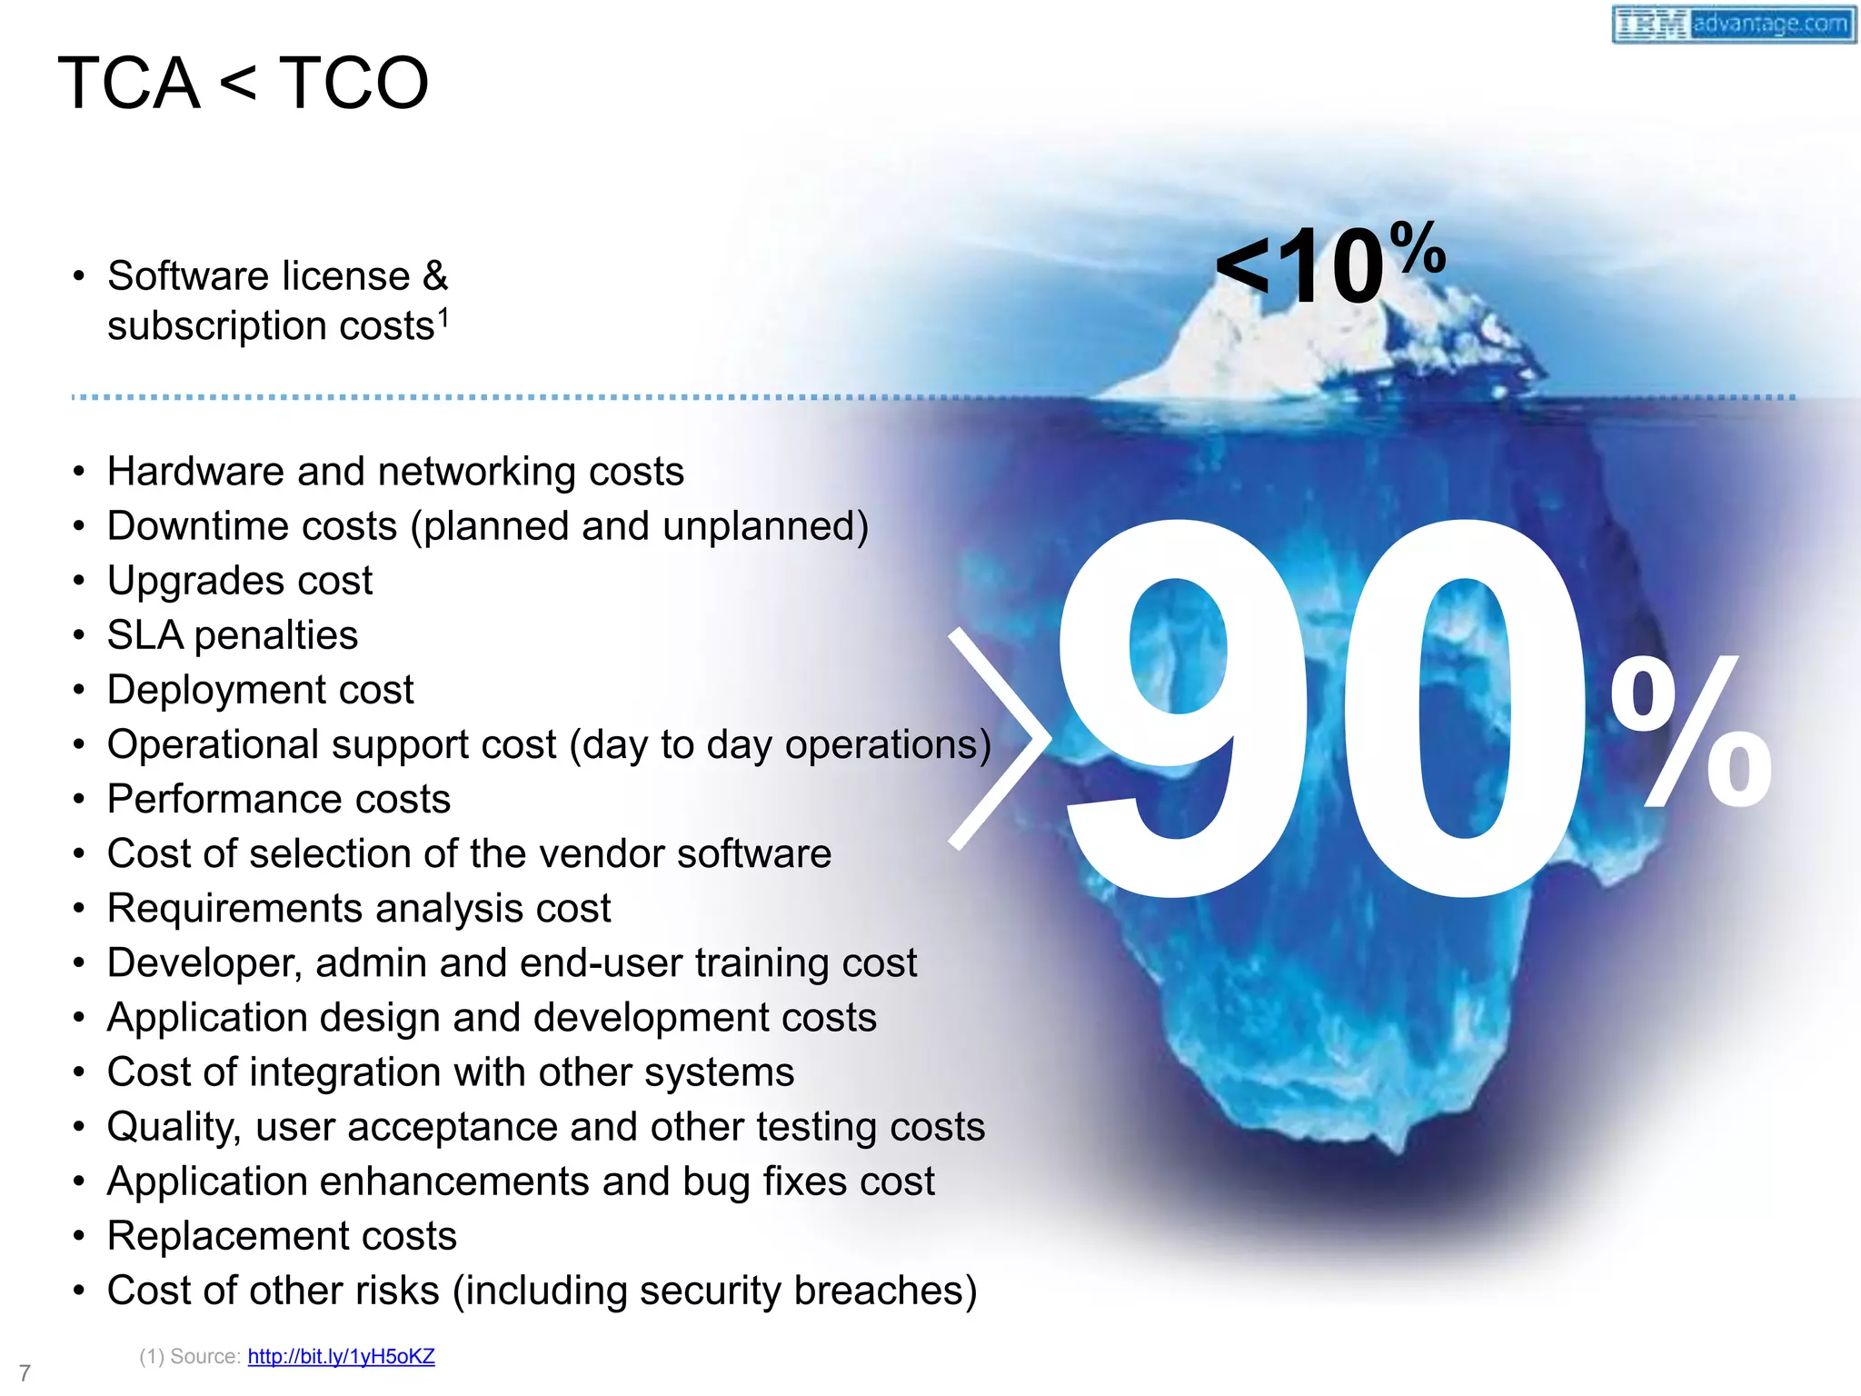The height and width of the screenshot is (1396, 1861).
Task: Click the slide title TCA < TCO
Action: [243, 83]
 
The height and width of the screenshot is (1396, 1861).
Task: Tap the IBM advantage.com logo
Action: [1733, 24]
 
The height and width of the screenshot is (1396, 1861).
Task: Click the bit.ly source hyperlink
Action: [341, 1356]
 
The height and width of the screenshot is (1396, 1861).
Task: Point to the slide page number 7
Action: [25, 1372]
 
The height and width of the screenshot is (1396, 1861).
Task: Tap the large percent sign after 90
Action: [1690, 732]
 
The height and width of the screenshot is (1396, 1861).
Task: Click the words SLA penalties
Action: [233, 635]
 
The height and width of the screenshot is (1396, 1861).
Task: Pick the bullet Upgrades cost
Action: [240, 581]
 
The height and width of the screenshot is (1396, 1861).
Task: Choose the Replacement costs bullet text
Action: [282, 1236]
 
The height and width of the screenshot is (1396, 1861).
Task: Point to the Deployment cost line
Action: [260, 690]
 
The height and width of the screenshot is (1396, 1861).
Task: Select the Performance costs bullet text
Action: [278, 799]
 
